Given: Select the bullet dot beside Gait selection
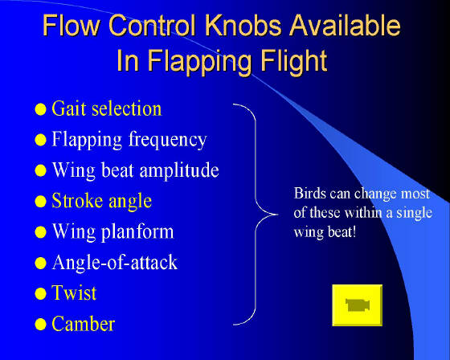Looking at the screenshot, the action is click(x=40, y=109).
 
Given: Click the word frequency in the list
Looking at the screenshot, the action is click(x=168, y=140).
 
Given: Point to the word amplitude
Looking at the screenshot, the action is click(x=179, y=171).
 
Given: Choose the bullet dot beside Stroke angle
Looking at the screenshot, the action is click(x=40, y=201).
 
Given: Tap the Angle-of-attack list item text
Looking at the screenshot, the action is click(x=115, y=263).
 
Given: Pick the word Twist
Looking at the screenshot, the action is click(x=74, y=292).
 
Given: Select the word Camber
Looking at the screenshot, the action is click(x=84, y=324).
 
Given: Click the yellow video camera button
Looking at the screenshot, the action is click(x=358, y=305).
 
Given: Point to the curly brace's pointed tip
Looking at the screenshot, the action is click(x=278, y=215).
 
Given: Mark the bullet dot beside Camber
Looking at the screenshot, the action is click(x=40, y=325).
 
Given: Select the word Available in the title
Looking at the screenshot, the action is click(x=345, y=25).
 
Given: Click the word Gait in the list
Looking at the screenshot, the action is click(x=69, y=108).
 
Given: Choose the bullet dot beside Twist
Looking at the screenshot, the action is click(x=40, y=293).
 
